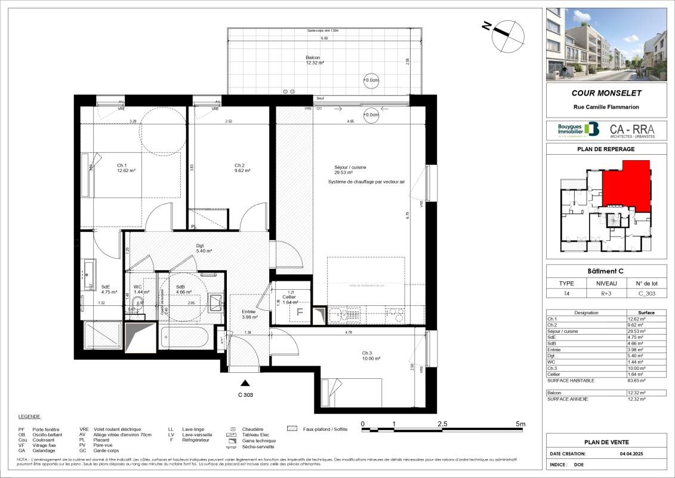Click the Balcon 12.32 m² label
pos(315,60)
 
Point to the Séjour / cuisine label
pos(350,170)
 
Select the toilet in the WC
pos(138,302)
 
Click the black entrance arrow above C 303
pos(245,383)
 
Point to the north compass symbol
pos(504,34)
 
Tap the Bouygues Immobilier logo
pos(577,130)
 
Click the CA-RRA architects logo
pos(632,130)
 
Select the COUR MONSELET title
pos(606,93)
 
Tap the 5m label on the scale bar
pos(520,424)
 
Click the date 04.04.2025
pos(633,454)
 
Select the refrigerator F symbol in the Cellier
pos(300,311)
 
